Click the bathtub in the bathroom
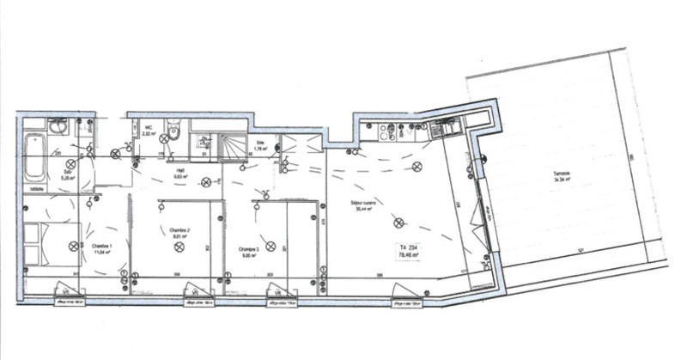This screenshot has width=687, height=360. (34, 159)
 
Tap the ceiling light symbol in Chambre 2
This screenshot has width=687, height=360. (179, 247)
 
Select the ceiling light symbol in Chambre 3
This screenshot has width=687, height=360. (271, 247)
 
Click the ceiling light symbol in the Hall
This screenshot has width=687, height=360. (205, 182)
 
